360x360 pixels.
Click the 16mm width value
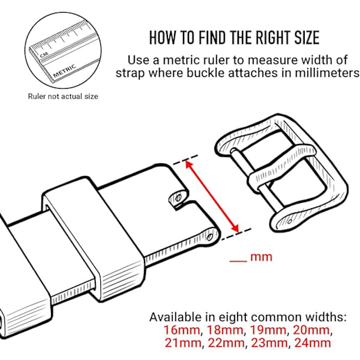click(x=182, y=330)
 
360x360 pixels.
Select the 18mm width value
click(x=225, y=330)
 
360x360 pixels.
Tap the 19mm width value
click(x=268, y=330)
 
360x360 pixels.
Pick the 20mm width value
click(x=311, y=330)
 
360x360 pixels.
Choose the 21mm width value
click(x=183, y=343)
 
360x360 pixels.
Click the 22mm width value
click(x=226, y=343)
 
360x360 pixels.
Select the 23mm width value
click(x=269, y=343)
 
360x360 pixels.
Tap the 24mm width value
click(x=313, y=343)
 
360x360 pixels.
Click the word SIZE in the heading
click(x=307, y=37)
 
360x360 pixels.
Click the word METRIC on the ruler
click(x=65, y=71)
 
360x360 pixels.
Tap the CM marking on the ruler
click(x=44, y=55)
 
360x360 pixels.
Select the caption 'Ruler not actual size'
click(x=63, y=96)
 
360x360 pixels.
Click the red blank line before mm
click(x=238, y=261)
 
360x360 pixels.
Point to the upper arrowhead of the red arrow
click(x=189, y=164)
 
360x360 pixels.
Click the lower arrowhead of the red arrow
click(x=236, y=228)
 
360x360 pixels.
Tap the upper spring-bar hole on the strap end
click(x=178, y=197)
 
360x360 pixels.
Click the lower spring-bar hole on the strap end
click(x=209, y=237)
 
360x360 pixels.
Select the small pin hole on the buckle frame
click(x=290, y=221)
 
